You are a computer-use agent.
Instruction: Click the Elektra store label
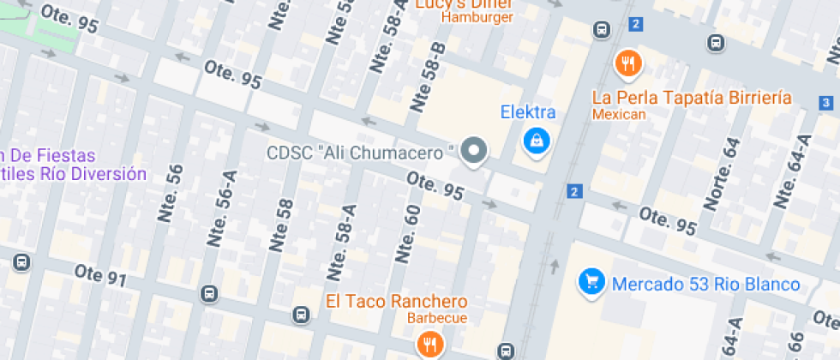[528, 111]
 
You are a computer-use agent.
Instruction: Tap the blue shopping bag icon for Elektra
[537, 140]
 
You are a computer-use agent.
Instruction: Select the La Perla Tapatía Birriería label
[692, 97]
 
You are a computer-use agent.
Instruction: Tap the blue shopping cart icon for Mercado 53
[591, 281]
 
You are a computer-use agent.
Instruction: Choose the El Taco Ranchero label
[397, 301]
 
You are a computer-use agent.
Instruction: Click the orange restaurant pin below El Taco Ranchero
[429, 345]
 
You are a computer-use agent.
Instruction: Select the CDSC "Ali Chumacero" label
[360, 153]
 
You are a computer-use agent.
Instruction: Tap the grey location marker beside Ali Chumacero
[473, 151]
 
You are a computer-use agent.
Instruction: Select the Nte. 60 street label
[407, 234]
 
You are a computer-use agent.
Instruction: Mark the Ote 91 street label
[100, 275]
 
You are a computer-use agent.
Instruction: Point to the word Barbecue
[437, 319]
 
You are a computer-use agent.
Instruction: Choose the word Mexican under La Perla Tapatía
[619, 114]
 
